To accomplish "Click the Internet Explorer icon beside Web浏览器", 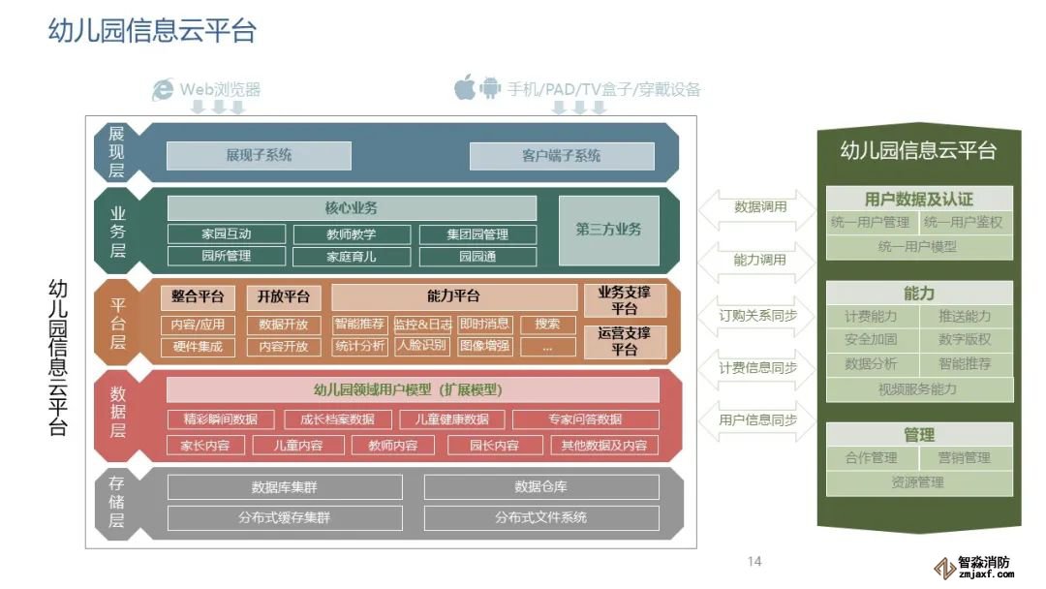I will pyautogui.click(x=163, y=89).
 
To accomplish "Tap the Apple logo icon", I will pyautogui.click(x=465, y=88).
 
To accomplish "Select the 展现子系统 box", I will pyautogui.click(x=259, y=155).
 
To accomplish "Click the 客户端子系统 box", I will pyautogui.click(x=561, y=155).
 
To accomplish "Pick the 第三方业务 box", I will pyautogui.click(x=608, y=231).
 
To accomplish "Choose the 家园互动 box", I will pyautogui.click(x=227, y=234).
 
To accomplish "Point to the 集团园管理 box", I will pyautogui.click(x=477, y=234).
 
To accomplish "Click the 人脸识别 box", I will pyautogui.click(x=422, y=346).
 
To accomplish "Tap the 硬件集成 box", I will pyautogui.click(x=198, y=347).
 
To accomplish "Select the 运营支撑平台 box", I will pyautogui.click(x=625, y=341).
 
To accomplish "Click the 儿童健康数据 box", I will pyautogui.click(x=451, y=419).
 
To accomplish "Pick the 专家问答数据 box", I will pyautogui.click(x=585, y=419).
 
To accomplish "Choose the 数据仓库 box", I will pyautogui.click(x=540, y=487).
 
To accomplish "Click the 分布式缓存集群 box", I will pyautogui.click(x=284, y=518).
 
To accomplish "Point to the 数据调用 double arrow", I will pyautogui.click(x=759, y=206).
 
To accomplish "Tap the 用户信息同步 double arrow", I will pyautogui.click(x=759, y=420).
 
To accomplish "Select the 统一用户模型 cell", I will pyautogui.click(x=917, y=247).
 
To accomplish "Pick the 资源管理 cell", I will pyautogui.click(x=917, y=482).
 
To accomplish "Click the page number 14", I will pyautogui.click(x=755, y=562).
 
